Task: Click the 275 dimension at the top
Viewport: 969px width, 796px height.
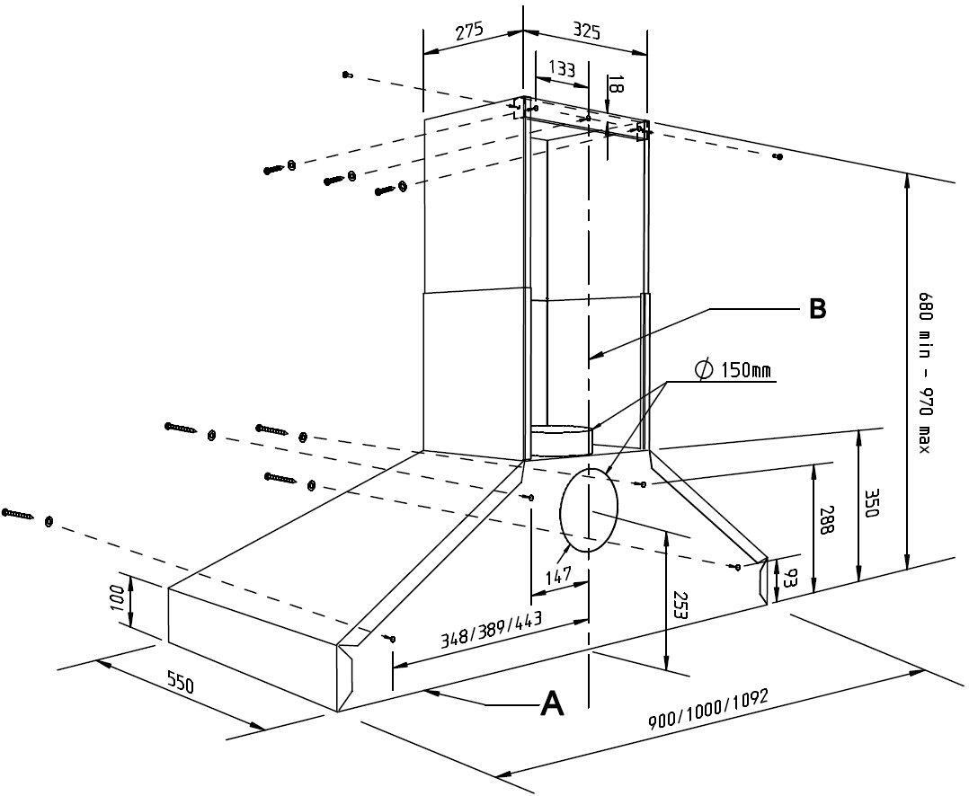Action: [469, 31]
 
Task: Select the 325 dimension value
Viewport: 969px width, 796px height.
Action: [586, 31]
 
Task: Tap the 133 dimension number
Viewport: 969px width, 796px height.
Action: [561, 68]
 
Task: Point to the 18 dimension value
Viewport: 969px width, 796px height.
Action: [612, 84]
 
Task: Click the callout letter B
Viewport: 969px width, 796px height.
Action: [818, 309]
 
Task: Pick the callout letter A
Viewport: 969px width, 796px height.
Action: [552, 703]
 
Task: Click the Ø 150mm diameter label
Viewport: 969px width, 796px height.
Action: [733, 370]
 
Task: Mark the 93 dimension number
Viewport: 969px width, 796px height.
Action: [788, 578]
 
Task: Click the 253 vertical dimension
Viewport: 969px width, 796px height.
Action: [680, 606]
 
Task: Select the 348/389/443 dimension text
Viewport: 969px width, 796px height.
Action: [491, 631]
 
